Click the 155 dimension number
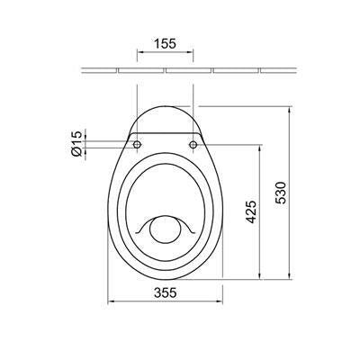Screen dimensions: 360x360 pyautogui.click(x=165, y=43)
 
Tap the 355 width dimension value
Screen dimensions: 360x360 pyautogui.click(x=166, y=292)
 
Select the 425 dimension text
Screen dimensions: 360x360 pyautogui.click(x=251, y=212)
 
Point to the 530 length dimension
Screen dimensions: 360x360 pyautogui.click(x=281, y=193)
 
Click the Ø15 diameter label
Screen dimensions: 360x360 pyautogui.click(x=76, y=143)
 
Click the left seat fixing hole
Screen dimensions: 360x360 pyautogui.click(x=137, y=145)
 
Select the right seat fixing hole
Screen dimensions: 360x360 pyautogui.click(x=193, y=145)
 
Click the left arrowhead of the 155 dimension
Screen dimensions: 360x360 pyautogui.click(x=139, y=52)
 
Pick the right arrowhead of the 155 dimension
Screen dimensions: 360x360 pyautogui.click(x=190, y=52)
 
